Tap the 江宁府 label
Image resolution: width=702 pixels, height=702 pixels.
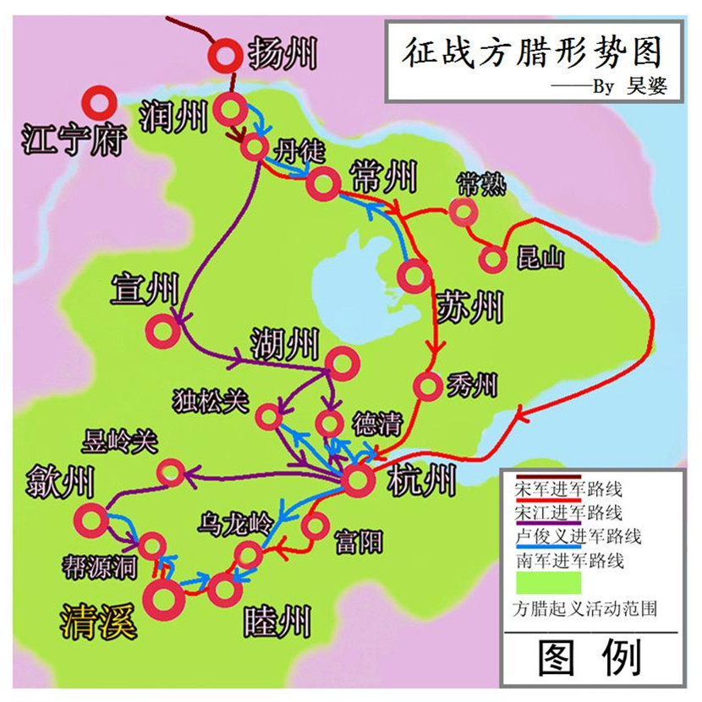(x=73, y=139)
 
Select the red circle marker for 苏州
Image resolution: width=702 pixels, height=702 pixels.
(x=415, y=275)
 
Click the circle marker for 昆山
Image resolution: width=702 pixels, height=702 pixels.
(x=492, y=259)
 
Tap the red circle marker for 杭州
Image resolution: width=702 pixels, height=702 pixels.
(x=358, y=480)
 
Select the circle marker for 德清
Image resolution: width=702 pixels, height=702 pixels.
(x=329, y=423)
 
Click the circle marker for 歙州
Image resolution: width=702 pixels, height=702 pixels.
(x=90, y=517)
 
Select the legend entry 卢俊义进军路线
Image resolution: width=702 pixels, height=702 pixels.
(x=578, y=536)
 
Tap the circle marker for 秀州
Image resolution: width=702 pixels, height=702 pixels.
(x=428, y=386)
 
